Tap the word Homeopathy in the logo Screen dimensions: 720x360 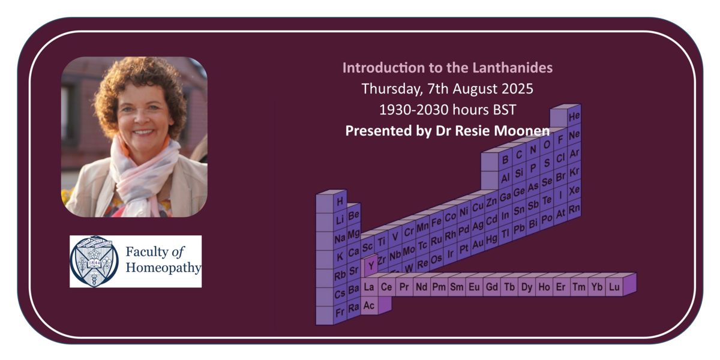pos(163,268)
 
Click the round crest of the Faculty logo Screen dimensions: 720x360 pos(94,261)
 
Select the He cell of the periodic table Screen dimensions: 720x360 pos(574,116)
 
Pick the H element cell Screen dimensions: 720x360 pos(340,202)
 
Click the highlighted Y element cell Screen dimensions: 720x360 pos(371,265)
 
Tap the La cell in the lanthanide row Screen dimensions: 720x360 pos(369,287)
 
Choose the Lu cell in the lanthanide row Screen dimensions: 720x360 pos(614,287)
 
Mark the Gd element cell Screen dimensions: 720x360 pos(492,287)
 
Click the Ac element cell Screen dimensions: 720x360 pos(369,305)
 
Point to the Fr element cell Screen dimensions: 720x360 pos(340,313)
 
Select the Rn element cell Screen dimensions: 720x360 pos(574,209)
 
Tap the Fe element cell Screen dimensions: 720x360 pos(436,222)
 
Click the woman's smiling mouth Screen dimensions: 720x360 pos(143,132)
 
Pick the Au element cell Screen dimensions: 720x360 pos(478,244)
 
